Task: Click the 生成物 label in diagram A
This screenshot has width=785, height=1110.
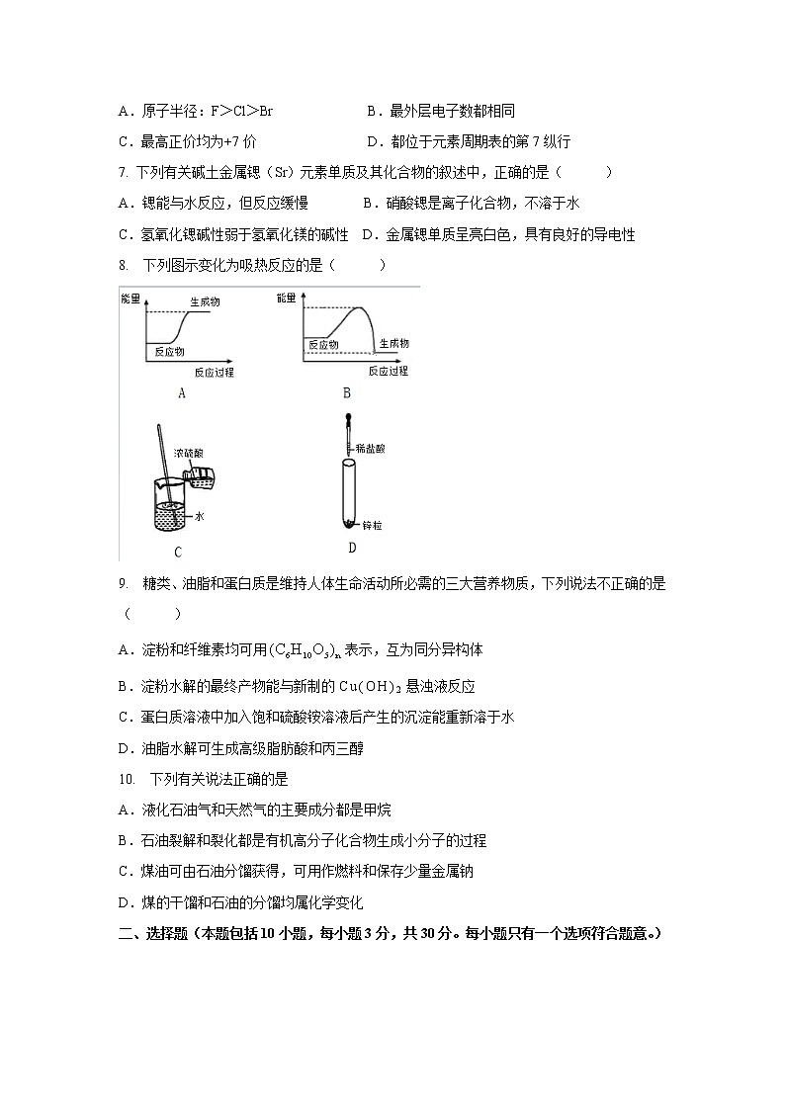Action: tap(204, 300)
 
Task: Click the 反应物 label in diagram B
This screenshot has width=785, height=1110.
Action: tap(323, 345)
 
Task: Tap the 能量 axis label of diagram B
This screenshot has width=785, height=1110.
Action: tap(287, 297)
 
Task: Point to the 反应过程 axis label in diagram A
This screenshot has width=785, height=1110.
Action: tap(214, 372)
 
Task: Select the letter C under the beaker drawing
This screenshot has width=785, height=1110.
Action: tap(177, 553)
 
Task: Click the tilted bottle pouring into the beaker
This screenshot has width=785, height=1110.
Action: tap(203, 477)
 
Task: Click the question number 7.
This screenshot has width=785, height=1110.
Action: tap(122, 173)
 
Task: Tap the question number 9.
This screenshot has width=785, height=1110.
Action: tap(122, 584)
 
